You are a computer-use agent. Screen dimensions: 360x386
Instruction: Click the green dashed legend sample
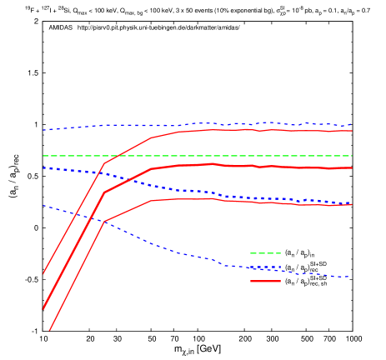pos(265,253)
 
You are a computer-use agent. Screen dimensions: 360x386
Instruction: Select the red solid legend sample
pos(265,282)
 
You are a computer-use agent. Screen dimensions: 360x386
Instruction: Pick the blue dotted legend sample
pos(265,267)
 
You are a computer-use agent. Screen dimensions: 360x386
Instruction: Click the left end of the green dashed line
pos(43,156)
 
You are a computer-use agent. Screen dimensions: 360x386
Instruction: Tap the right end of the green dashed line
pos(352,156)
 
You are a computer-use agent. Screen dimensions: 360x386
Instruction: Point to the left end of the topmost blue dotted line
pos(43,130)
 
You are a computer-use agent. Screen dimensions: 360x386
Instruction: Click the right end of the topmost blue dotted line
pos(352,125)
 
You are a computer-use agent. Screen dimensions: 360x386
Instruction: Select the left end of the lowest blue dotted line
pos(43,205)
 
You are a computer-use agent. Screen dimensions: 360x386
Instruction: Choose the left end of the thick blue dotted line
pos(43,167)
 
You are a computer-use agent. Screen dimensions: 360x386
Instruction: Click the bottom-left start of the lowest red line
pos(49,331)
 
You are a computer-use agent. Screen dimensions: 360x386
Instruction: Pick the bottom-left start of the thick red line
pos(43,308)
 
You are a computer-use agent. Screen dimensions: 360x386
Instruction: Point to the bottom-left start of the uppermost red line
pos(43,272)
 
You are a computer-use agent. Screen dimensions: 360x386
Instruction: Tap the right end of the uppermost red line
pos(352,130)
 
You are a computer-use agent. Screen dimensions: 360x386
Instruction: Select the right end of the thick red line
pos(352,167)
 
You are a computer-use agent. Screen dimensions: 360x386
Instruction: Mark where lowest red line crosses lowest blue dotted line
pos(103,222)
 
